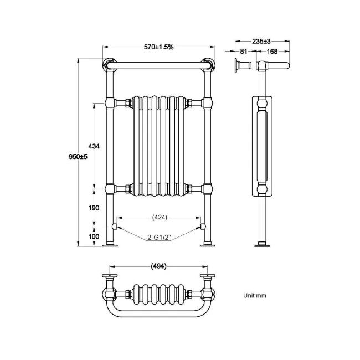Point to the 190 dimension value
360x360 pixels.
tap(94, 208)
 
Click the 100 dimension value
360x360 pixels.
tap(94, 236)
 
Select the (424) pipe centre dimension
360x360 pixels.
tap(158, 217)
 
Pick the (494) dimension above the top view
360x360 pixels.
tap(159, 266)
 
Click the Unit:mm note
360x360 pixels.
tap(254, 295)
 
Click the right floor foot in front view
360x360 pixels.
tap(209, 244)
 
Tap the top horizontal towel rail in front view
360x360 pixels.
tap(160, 66)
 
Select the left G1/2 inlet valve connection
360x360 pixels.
tap(115, 227)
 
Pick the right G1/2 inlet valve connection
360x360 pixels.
tap(203, 227)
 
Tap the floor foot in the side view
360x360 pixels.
tap(261, 244)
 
